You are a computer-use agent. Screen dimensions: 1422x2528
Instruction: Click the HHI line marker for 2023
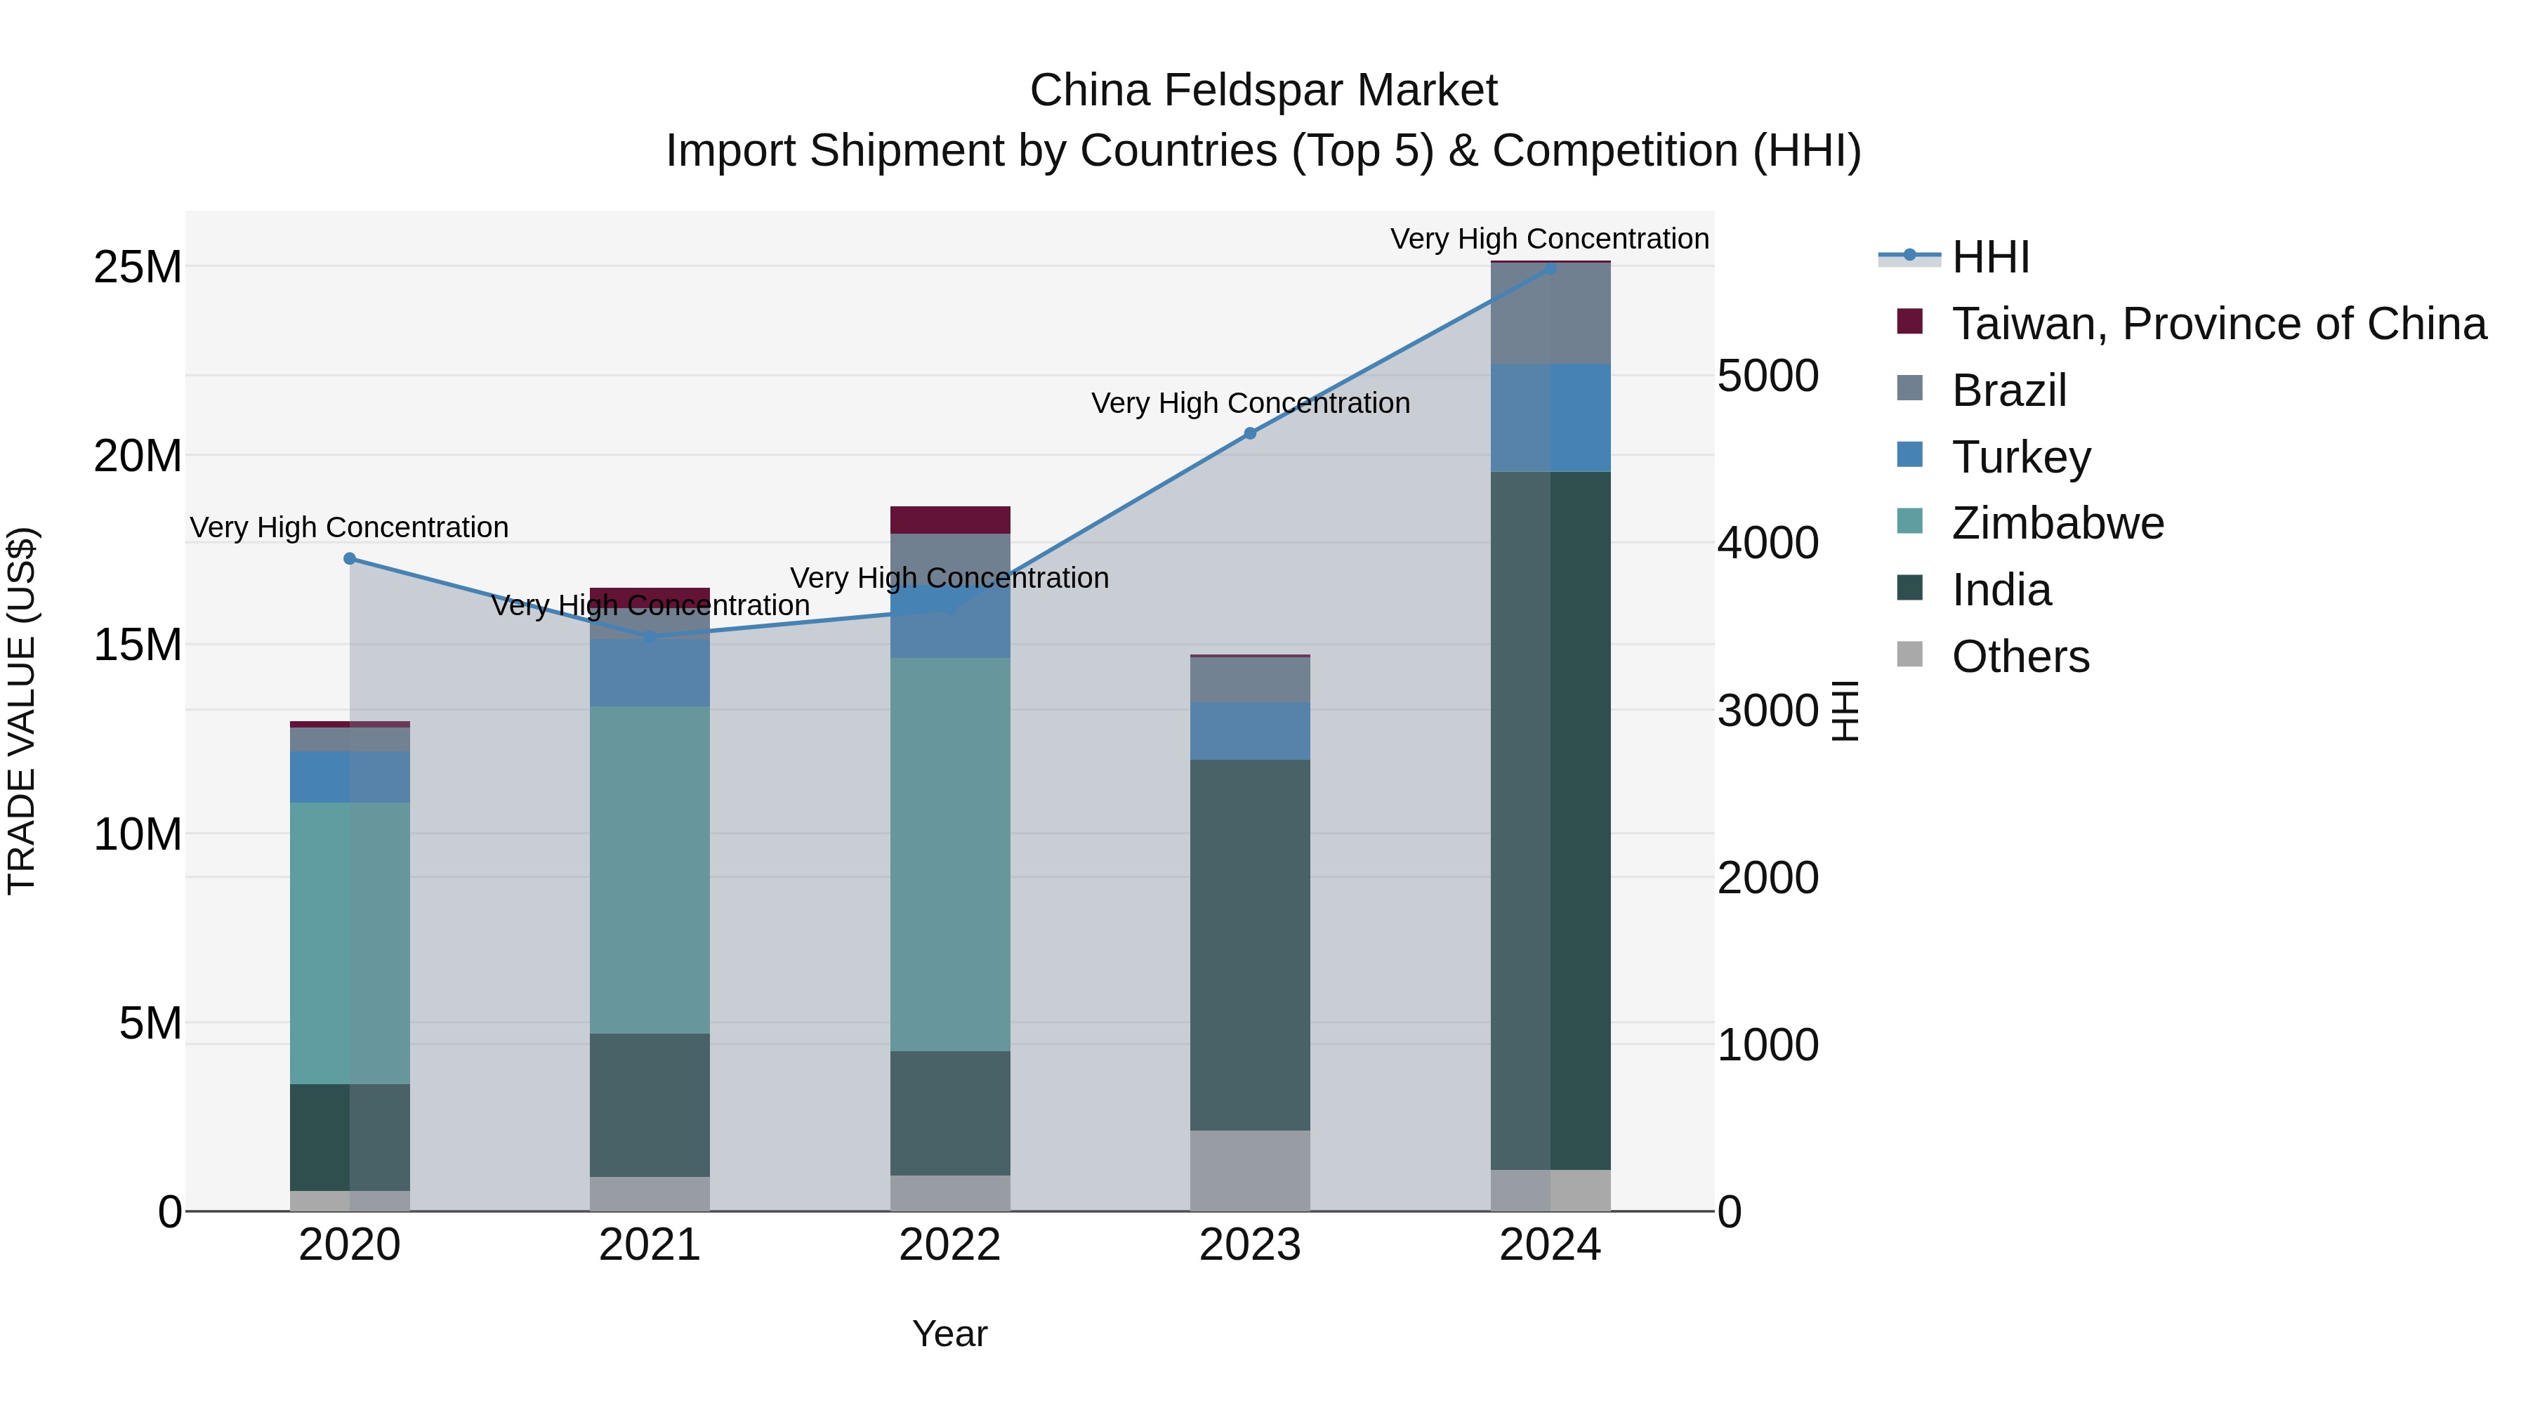click(1249, 433)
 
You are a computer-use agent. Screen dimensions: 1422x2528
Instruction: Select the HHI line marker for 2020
click(350, 558)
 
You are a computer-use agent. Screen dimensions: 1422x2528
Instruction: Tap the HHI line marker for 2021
click(650, 637)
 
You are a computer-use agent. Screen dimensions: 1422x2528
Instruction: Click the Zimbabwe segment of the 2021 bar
click(650, 869)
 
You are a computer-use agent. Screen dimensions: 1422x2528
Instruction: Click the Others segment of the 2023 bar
click(1249, 1170)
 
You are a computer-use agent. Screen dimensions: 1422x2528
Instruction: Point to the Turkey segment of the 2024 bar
click(1550, 417)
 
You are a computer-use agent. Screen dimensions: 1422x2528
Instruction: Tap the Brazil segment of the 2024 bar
click(1550, 313)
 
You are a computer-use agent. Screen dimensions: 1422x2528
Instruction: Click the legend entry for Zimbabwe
click(2057, 523)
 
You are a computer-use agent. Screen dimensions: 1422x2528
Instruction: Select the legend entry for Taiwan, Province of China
click(2218, 324)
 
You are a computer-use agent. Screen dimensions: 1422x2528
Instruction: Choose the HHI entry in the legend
click(1989, 257)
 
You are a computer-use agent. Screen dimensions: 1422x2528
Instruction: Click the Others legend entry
click(2020, 657)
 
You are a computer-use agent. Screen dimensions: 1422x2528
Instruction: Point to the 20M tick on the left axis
click(138, 456)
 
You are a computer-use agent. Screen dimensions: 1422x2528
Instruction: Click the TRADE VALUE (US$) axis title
click(22, 711)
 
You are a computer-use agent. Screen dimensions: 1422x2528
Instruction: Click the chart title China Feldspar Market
click(1263, 91)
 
